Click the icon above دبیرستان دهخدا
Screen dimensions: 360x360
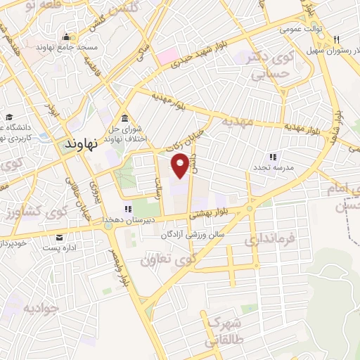[127, 209]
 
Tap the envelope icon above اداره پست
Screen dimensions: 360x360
[62, 237]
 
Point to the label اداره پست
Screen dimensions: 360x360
[60, 248]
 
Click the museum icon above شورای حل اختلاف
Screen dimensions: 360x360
[124, 117]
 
